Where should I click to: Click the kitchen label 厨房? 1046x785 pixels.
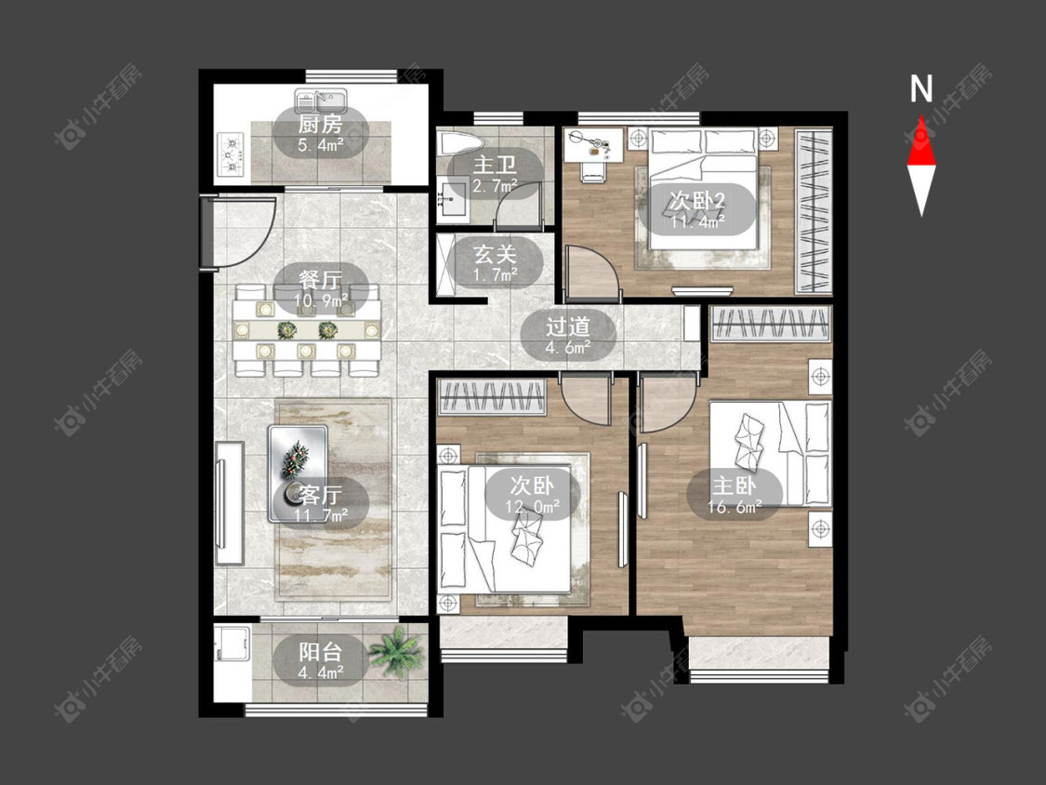pos(320,124)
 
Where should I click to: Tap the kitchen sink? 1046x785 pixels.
pos(321,101)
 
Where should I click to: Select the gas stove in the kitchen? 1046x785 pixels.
pos(231,155)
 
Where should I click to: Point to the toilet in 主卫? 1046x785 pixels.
pos(459,144)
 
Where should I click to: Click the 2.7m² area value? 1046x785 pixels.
pos(495,186)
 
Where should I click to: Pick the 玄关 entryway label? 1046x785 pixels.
pos(495,254)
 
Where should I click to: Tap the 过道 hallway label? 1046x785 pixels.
pos(568,326)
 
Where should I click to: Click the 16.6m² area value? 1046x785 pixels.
pos(735,507)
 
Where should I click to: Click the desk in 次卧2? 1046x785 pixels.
pos(594,146)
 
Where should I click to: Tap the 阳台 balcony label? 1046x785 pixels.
pos(320,651)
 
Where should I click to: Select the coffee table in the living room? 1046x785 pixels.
pos(298,473)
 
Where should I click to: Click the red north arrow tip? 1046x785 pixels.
pos(922,116)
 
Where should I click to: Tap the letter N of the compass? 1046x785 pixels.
pos(922,88)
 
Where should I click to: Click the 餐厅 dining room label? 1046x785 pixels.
pos(320,278)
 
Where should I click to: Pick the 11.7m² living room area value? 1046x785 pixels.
pos(322,516)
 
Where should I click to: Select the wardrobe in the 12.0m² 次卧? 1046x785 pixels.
pos(492,396)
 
